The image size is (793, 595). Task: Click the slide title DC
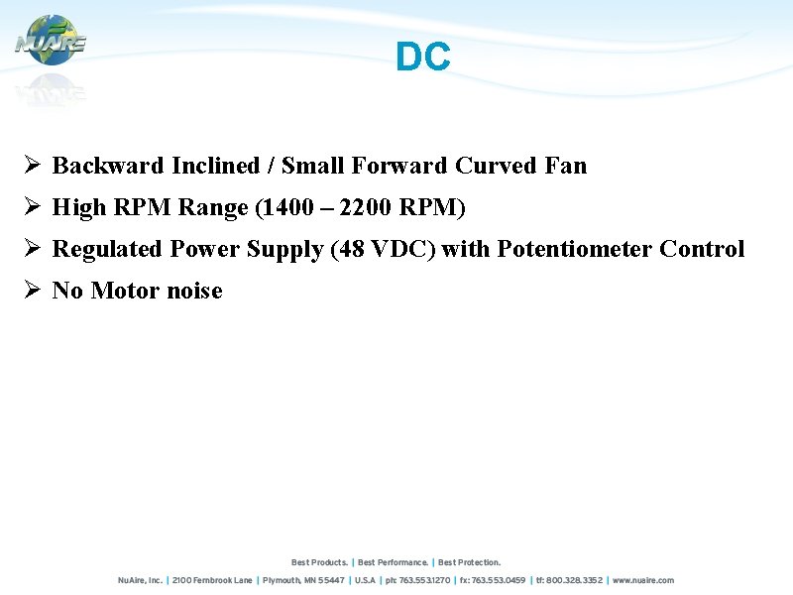pyautogui.click(x=422, y=58)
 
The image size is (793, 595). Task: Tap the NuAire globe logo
pyautogui.click(x=51, y=42)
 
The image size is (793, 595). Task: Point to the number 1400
pyautogui.click(x=290, y=207)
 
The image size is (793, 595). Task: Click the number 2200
pyautogui.click(x=366, y=207)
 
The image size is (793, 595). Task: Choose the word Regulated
pyautogui.click(x=107, y=249)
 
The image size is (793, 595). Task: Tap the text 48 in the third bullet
pyautogui.click(x=351, y=249)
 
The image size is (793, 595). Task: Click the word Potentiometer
pyautogui.click(x=575, y=249)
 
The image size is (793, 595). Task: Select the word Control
pyautogui.click(x=702, y=249)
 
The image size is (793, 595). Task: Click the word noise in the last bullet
pyautogui.click(x=194, y=291)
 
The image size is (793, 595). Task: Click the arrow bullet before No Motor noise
pyautogui.click(x=32, y=290)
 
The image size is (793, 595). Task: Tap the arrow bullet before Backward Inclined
pyautogui.click(x=32, y=165)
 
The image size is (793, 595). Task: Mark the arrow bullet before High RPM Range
pyautogui.click(x=32, y=206)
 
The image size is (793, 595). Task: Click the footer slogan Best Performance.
pyautogui.click(x=394, y=562)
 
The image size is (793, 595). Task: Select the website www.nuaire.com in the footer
pyautogui.click(x=644, y=580)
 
